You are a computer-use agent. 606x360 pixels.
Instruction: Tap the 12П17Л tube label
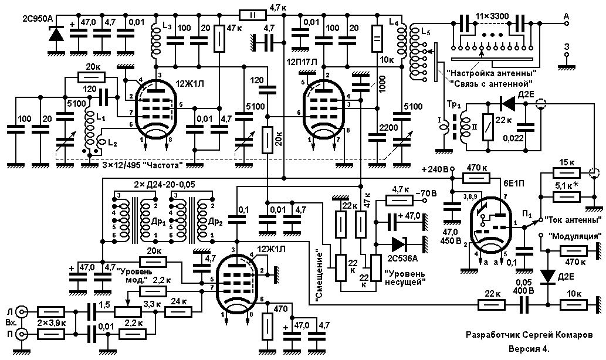[303, 62]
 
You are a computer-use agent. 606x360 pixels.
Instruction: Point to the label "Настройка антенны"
[491, 72]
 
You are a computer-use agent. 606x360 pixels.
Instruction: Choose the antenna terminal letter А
[567, 16]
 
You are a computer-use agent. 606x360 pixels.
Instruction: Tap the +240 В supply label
[434, 169]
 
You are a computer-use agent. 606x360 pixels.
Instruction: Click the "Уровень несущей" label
[405, 278]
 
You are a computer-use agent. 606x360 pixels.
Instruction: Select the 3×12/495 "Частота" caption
[142, 166]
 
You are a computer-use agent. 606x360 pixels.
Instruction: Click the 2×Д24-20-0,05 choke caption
[164, 185]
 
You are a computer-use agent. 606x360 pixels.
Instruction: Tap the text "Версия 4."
[529, 349]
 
